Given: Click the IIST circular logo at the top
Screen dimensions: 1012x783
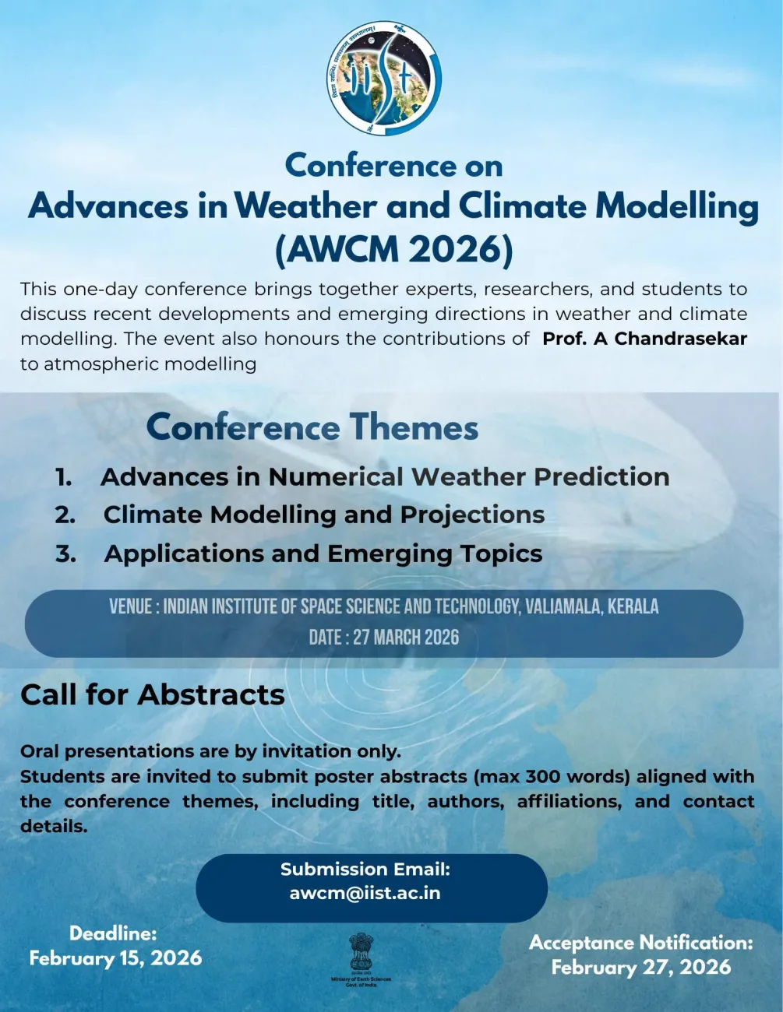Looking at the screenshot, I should [384, 79].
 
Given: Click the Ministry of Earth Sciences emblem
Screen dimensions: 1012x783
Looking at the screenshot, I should [361, 958].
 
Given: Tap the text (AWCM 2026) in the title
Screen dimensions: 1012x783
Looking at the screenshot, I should [394, 249].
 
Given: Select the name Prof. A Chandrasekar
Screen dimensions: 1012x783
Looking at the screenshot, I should [644, 339].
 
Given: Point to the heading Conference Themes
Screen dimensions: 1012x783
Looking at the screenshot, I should [312, 427].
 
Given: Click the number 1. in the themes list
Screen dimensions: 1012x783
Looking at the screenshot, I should [64, 477].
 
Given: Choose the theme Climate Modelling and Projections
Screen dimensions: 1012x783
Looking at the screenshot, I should [324, 515].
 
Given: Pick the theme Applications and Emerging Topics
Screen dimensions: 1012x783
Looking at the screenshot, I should [323, 553].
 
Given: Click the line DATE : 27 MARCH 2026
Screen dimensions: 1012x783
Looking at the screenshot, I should [384, 638].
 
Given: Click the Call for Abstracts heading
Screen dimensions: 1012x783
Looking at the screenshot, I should [153, 694].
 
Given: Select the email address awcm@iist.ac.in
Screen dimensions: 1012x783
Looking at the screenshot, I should [365, 893].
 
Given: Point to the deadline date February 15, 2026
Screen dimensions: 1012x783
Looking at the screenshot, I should [115, 958].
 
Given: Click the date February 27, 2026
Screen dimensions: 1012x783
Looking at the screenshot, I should [641, 967].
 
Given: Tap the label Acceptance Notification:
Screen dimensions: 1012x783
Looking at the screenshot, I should [641, 943].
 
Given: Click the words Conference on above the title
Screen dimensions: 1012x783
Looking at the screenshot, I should [393, 166].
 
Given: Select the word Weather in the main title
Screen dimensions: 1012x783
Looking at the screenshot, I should [305, 206].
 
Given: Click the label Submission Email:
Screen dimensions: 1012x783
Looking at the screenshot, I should [365, 869].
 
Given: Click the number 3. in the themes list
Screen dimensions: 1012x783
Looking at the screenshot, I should [65, 553].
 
